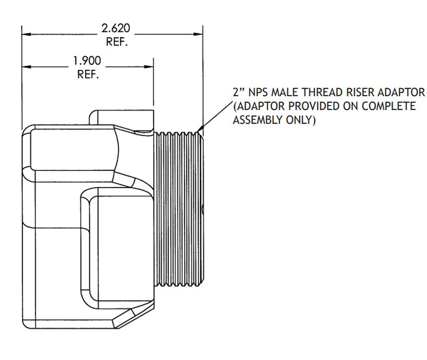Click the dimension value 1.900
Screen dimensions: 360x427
88,61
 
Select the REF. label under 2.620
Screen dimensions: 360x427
117,42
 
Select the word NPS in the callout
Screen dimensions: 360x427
259,93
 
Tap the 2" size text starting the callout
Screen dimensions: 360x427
237,93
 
